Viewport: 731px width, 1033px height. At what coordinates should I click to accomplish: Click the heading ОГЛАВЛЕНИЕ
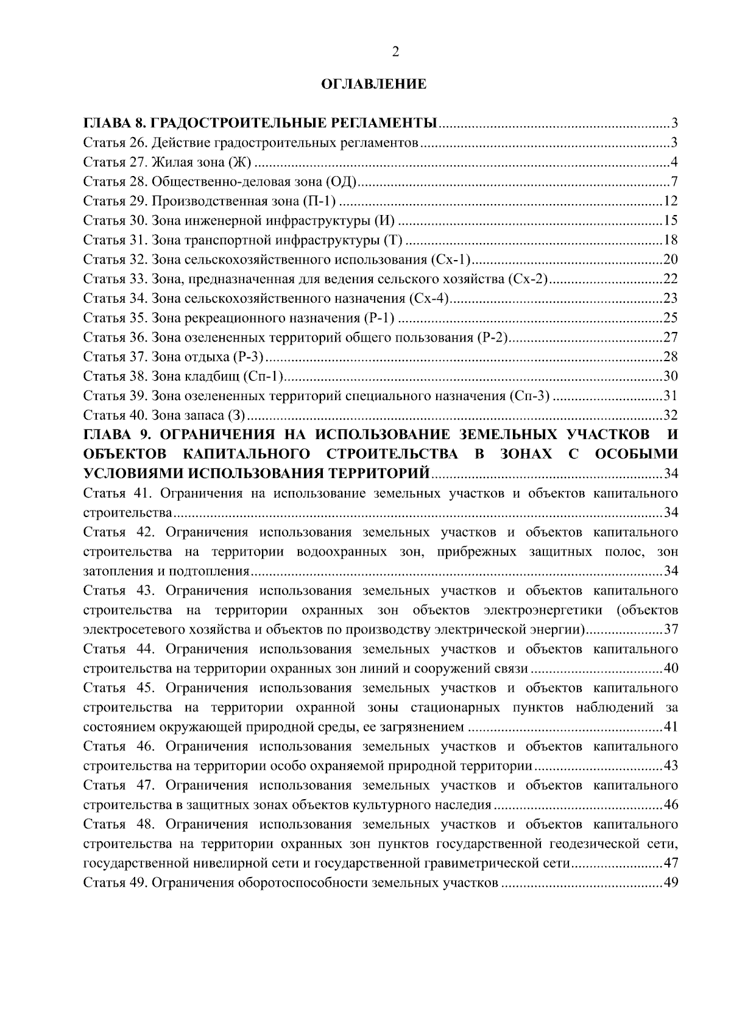click(373, 85)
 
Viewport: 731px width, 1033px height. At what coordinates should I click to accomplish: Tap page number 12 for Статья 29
click(670, 202)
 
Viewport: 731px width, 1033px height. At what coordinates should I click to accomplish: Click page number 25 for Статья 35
click(670, 318)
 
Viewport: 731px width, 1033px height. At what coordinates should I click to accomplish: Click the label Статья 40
click(114, 415)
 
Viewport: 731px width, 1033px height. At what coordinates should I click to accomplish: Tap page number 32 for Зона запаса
click(670, 415)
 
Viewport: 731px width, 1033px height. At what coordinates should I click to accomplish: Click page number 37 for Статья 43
click(670, 629)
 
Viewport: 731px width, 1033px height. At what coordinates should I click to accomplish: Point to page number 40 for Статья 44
click(670, 669)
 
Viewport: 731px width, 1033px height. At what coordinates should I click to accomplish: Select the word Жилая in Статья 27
click(171, 163)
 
